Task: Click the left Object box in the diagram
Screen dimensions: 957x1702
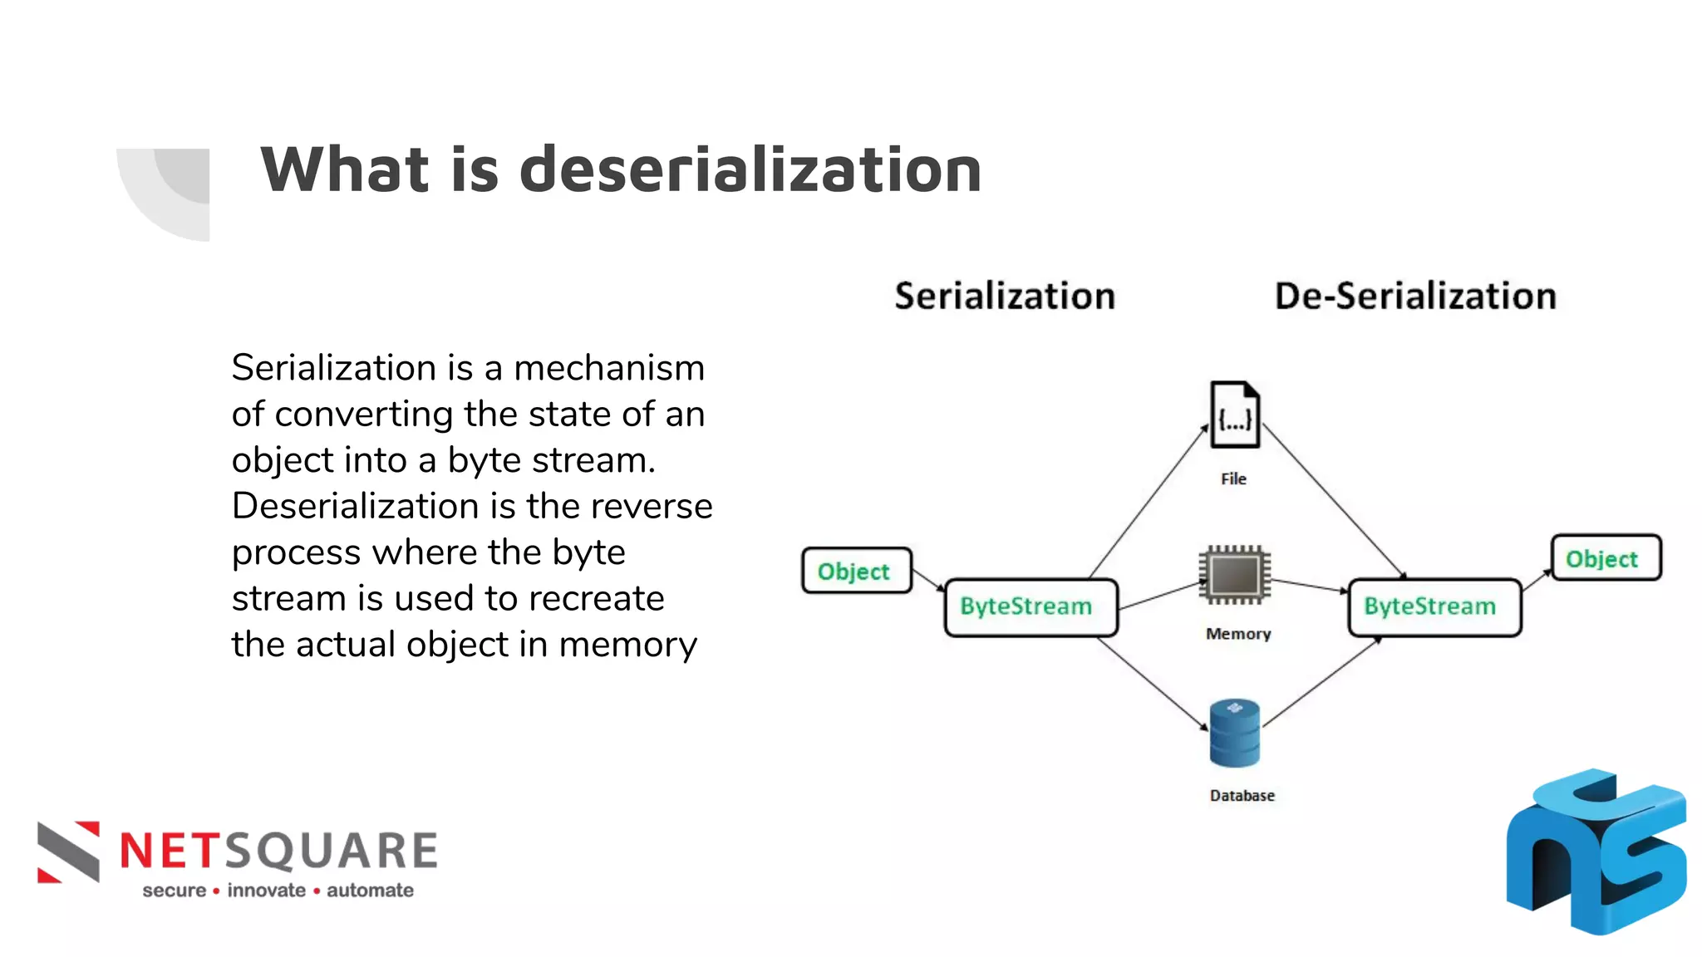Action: tap(856, 571)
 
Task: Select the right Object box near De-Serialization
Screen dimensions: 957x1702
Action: tap(1606, 558)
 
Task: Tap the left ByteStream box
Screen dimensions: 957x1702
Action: tap(1031, 607)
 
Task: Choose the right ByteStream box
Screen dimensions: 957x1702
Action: tap(1434, 607)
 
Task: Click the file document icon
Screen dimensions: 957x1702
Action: tap(1234, 415)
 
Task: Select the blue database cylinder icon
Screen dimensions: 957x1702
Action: tap(1235, 733)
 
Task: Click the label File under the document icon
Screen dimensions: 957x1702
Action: tap(1233, 478)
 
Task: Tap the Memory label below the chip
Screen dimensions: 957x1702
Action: tap(1238, 634)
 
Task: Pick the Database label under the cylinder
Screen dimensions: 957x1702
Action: tap(1242, 795)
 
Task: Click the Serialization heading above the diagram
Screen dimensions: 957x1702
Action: tap(1004, 297)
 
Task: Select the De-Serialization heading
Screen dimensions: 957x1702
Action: tap(1414, 297)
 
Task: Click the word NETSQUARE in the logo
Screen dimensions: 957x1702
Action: tap(278, 851)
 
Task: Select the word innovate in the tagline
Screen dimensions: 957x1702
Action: tap(266, 891)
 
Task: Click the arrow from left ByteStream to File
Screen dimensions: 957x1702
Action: tap(1148, 503)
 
